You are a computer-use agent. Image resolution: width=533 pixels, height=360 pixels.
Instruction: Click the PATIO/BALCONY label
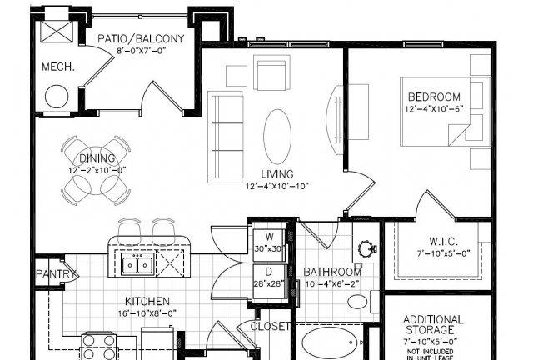141,39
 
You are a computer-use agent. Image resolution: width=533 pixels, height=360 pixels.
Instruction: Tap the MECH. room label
58,67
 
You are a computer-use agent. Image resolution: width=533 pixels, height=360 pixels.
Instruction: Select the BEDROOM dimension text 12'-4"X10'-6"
434,109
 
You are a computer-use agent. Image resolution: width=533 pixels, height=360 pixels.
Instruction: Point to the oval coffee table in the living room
277,137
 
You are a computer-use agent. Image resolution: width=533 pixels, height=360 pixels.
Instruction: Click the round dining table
97,170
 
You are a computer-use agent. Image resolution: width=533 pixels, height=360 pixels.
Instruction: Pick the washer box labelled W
269,241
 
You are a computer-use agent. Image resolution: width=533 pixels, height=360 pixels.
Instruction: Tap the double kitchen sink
137,265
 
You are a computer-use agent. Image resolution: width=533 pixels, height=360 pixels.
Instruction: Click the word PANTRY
56,273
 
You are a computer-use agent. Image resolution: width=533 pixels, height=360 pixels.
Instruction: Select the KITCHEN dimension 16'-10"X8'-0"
147,313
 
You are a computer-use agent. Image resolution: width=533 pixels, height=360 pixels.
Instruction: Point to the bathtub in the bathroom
329,343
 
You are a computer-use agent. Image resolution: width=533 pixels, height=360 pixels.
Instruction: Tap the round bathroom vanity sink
366,248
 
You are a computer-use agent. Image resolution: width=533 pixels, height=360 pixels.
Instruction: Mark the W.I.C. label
443,242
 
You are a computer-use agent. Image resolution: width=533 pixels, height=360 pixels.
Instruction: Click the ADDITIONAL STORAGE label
433,325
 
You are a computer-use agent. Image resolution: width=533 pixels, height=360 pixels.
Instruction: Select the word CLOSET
270,327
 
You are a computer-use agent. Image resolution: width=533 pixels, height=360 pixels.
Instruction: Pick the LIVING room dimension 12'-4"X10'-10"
276,186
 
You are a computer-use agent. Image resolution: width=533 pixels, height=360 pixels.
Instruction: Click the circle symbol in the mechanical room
57,96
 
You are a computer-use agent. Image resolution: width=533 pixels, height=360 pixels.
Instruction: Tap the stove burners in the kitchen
98,346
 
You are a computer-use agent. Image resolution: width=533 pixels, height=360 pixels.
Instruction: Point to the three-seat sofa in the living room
226,137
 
